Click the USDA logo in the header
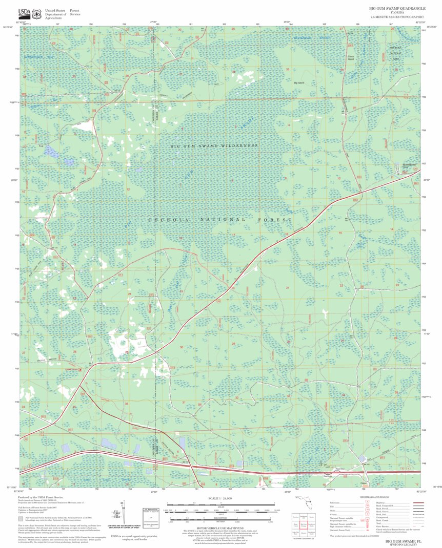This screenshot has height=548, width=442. pos(24,13)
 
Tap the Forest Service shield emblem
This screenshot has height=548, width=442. pos(36,13)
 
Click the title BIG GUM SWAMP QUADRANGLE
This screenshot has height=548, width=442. pos(396,9)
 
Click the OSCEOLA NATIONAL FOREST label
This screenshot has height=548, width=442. pos(220,219)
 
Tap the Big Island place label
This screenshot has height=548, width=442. pos(298,82)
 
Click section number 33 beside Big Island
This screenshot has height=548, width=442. pos(288,69)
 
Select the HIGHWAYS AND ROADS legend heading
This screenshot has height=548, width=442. pos(374,497)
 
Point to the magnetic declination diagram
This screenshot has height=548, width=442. pos(123,515)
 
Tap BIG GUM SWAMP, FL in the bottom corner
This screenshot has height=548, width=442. pos(403,541)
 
